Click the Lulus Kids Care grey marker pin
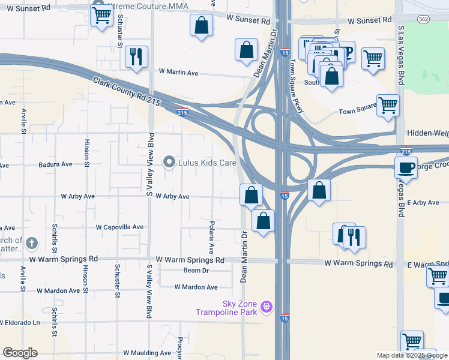pyautogui.click(x=170, y=161)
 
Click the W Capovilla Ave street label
pyautogui.click(x=120, y=227)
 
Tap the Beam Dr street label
pyautogui.click(x=196, y=271)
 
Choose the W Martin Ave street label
pyautogui.click(x=178, y=73)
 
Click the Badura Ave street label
pyautogui.click(x=55, y=164)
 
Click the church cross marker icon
pyautogui.click(x=32, y=244)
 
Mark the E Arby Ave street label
pyautogui.click(x=424, y=203)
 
